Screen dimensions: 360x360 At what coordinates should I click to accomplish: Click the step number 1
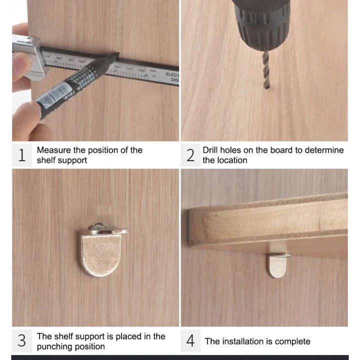(x=21, y=155)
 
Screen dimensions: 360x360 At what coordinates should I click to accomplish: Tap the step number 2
(x=190, y=155)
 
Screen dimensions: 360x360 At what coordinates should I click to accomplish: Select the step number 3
(x=21, y=341)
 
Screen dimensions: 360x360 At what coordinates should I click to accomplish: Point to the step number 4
(x=190, y=341)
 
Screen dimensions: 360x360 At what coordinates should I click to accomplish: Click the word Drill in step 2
(x=211, y=150)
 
